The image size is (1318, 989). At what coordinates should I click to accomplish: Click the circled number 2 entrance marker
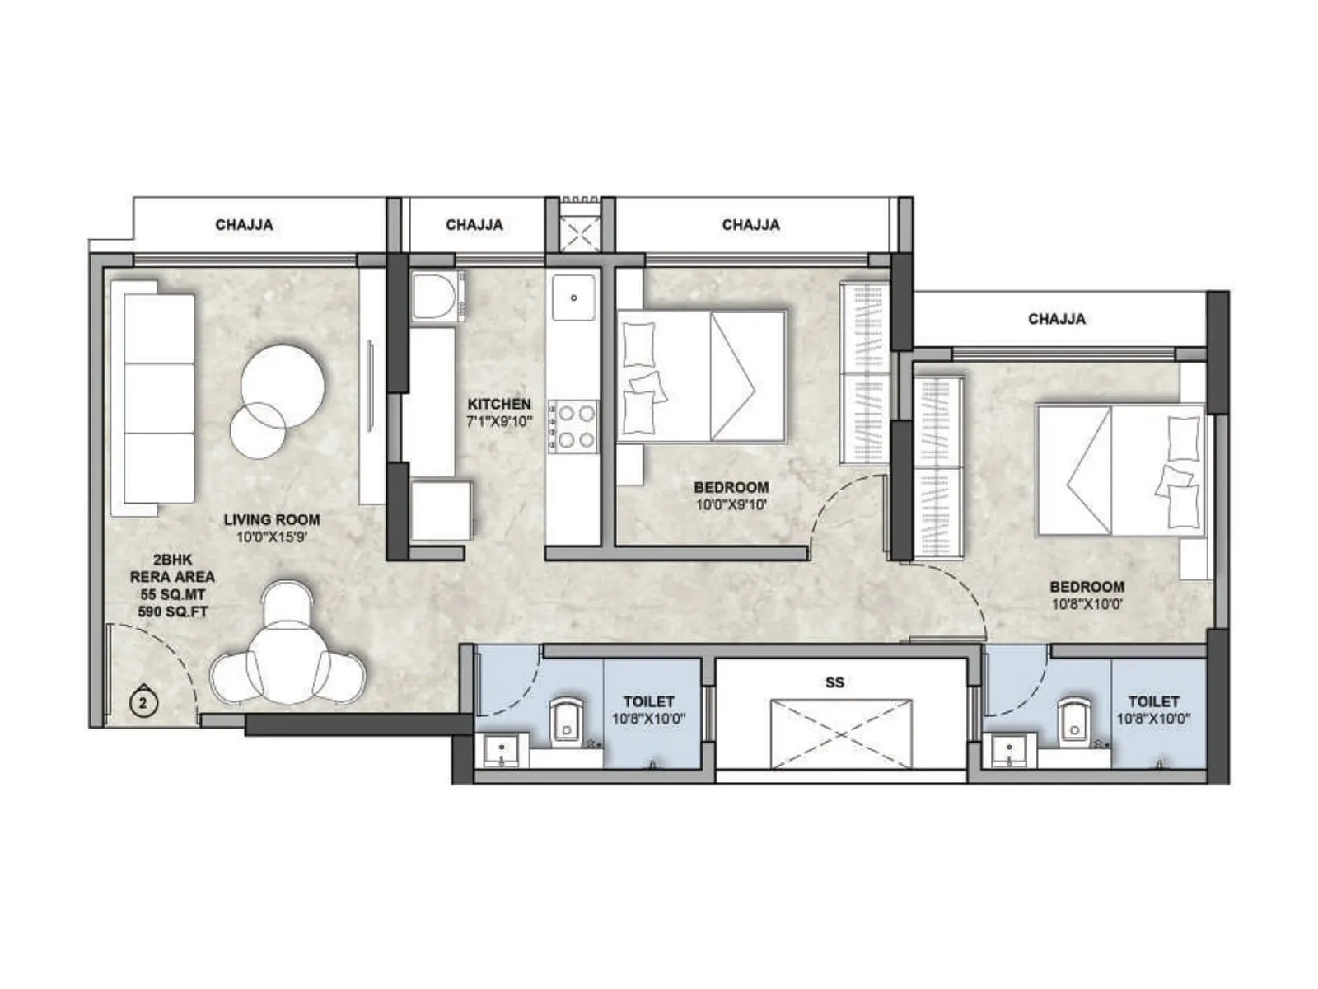(x=143, y=703)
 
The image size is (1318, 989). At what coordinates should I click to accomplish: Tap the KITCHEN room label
(x=499, y=404)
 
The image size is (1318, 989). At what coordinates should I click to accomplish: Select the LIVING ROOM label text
(x=272, y=519)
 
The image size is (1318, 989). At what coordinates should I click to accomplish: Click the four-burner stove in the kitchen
(x=573, y=426)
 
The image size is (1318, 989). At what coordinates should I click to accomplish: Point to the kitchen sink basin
(x=574, y=298)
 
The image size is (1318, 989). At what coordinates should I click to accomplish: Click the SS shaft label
(x=834, y=682)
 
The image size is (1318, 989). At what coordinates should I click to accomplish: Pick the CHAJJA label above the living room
(x=244, y=225)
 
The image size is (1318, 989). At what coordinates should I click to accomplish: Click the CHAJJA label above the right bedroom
(x=1056, y=319)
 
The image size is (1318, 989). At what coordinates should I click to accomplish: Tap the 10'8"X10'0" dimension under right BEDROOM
(x=1087, y=604)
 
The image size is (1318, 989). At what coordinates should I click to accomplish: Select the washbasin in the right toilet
(x=1007, y=751)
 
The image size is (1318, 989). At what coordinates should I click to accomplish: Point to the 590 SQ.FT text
(x=173, y=612)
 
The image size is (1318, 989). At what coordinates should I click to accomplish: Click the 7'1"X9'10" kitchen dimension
(x=499, y=421)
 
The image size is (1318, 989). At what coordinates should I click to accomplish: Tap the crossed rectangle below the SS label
(x=840, y=734)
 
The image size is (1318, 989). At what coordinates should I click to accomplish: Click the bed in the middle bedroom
(x=701, y=376)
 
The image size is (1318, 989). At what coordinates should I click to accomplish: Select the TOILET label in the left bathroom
(x=648, y=701)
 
